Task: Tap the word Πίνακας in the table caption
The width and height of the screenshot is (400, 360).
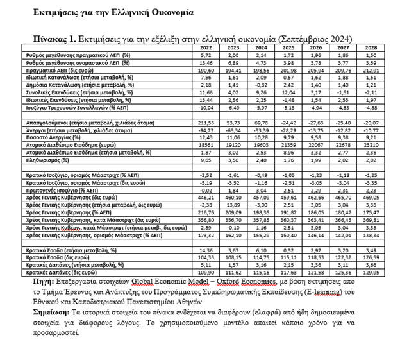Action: tap(55, 37)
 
